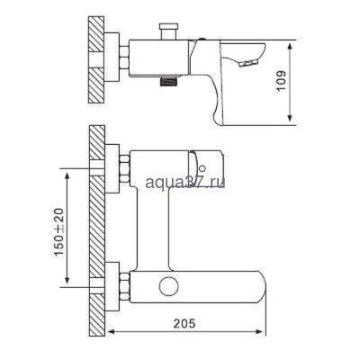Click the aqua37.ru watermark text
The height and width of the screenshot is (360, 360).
184,183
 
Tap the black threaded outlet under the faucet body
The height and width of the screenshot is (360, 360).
167,82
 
